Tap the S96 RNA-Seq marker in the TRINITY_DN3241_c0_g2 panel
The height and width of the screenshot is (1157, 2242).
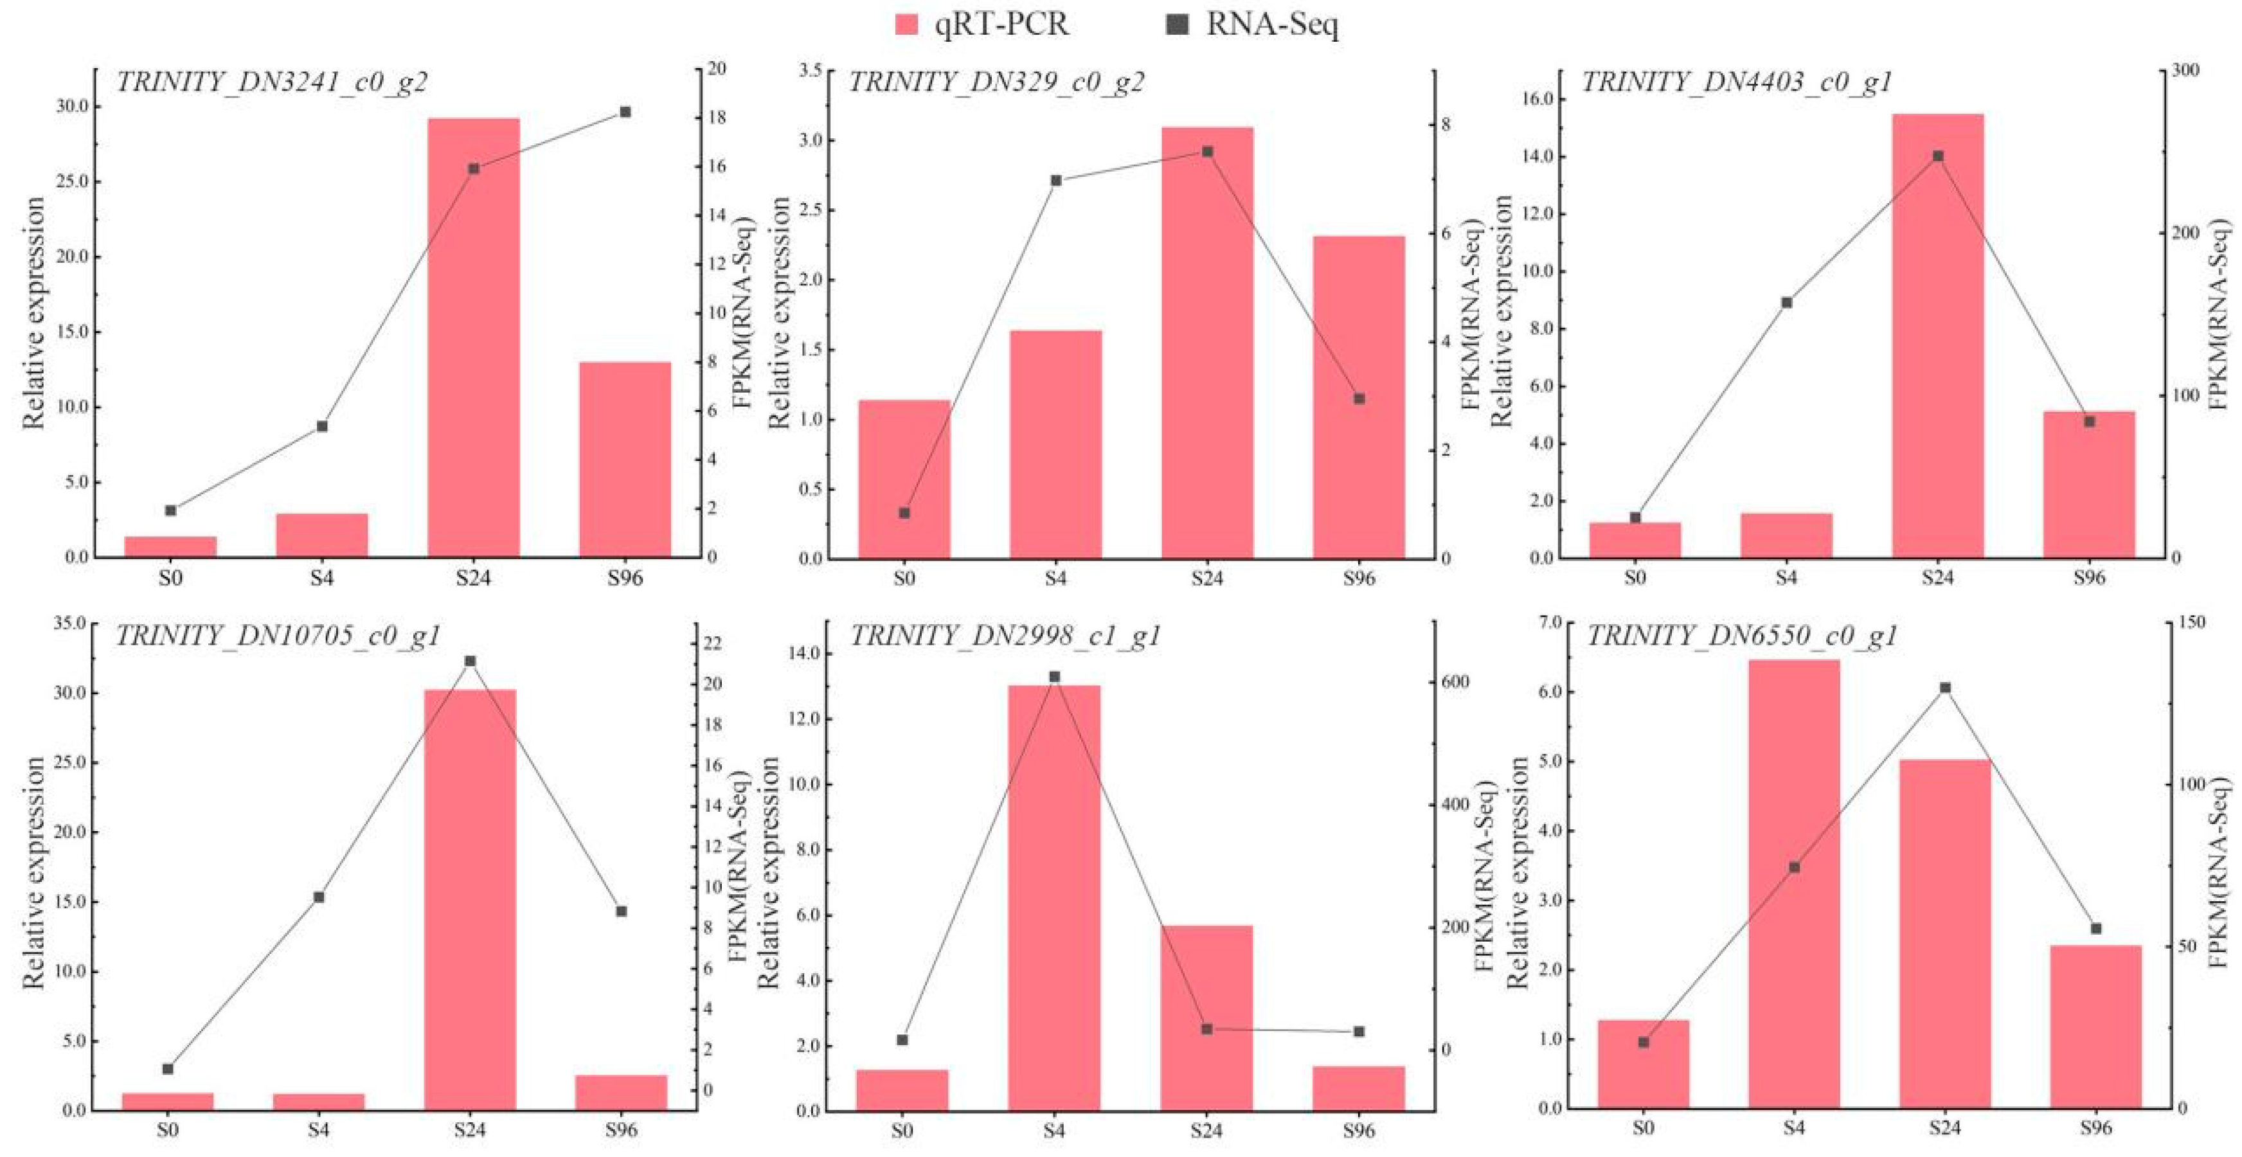(625, 111)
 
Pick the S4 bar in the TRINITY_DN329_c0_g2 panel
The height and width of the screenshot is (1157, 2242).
(1055, 444)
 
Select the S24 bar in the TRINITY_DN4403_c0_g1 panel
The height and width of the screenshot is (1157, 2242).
(1938, 335)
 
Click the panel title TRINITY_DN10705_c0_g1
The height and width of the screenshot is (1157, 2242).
(278, 636)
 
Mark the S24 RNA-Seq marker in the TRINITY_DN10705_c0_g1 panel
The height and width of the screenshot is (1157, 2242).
(470, 661)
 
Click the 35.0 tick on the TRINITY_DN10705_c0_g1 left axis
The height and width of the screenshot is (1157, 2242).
(69, 623)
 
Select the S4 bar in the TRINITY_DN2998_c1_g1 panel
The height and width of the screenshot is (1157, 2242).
(1054, 897)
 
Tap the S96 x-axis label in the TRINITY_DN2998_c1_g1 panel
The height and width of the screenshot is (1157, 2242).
(1359, 1131)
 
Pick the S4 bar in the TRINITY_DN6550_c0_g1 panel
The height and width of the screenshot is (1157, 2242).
(1794, 884)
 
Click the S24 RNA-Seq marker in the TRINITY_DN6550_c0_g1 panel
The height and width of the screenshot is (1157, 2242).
(1945, 688)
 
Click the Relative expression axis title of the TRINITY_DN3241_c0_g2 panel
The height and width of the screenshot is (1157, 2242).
(33, 314)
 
